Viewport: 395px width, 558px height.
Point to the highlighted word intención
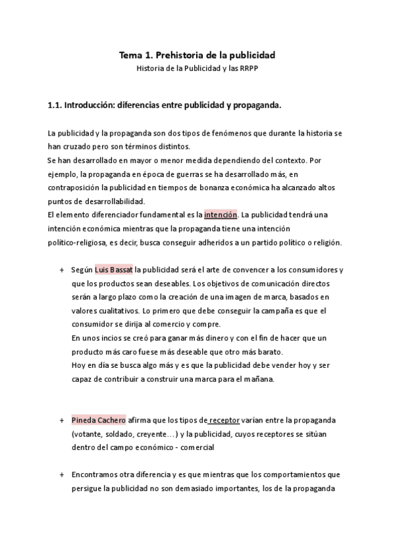point(220,215)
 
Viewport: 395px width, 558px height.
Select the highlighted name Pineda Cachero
point(99,419)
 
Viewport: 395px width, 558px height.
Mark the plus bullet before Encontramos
point(61,474)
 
